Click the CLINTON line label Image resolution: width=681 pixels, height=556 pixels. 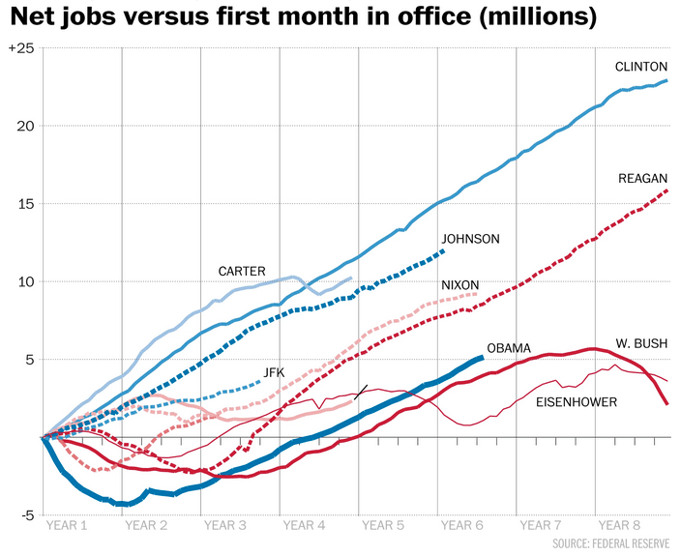click(641, 67)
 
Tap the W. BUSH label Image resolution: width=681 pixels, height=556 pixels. click(641, 343)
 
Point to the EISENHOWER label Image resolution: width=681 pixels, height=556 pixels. click(577, 400)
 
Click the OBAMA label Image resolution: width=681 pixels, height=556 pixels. click(509, 348)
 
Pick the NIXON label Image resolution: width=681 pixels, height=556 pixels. click(459, 285)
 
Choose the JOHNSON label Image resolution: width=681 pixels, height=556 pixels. click(470, 239)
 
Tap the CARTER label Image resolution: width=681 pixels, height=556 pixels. click(242, 272)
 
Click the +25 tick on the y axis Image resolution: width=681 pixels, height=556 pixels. click(21, 48)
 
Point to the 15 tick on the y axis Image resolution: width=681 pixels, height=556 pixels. click(27, 204)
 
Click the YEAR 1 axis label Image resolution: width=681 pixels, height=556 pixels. click(68, 525)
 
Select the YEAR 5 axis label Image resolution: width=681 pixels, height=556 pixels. click(383, 525)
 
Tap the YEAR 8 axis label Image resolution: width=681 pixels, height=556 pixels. click(619, 525)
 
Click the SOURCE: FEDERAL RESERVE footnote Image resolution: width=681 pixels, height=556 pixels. click(611, 543)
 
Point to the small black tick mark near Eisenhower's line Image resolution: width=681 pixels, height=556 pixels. click(361, 392)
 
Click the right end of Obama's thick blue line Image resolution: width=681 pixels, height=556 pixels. click(482, 358)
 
